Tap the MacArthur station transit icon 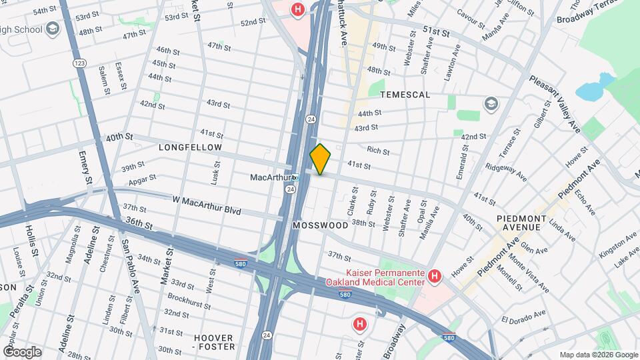297,178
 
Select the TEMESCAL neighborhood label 405,95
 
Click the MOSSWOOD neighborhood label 320,225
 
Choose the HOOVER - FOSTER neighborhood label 214,342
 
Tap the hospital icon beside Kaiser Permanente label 434,275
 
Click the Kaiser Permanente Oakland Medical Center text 385,277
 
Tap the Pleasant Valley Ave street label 555,101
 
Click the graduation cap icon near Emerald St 491,103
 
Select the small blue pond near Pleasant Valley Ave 590,89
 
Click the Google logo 21,351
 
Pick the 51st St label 436,31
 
